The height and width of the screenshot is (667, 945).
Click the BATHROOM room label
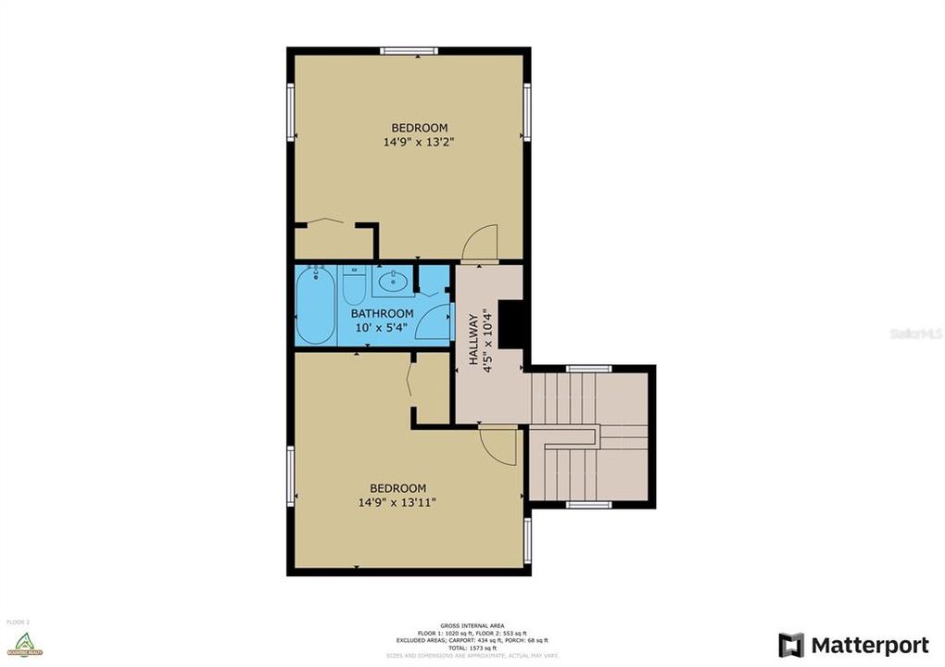[x=382, y=314]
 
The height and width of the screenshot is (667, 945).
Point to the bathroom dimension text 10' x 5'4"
[x=382, y=328]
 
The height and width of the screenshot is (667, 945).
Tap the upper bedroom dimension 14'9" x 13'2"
[x=419, y=143]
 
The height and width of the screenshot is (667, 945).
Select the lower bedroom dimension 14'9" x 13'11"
[x=397, y=502]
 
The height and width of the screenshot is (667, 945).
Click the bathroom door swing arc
[x=434, y=324]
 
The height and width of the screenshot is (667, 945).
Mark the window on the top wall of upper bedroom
[x=409, y=51]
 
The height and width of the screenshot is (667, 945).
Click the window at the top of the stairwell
[x=588, y=369]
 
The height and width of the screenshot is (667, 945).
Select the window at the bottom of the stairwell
[x=588, y=505]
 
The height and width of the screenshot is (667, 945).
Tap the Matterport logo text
[x=869, y=645]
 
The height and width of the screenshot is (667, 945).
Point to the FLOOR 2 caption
[x=19, y=622]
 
